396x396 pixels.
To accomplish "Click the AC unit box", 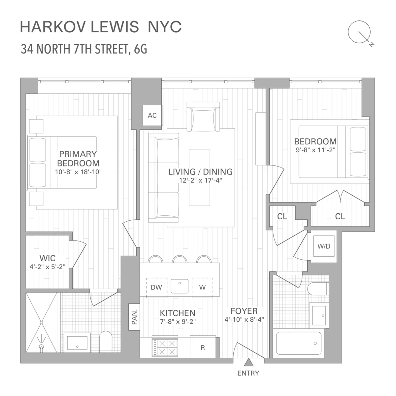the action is [x=152, y=115].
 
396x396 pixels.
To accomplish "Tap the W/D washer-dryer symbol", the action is [x=324, y=246].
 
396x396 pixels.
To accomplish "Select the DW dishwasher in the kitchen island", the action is [x=156, y=287].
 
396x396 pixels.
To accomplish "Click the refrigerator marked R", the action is [x=203, y=347].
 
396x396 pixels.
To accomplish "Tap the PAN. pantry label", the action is [x=134, y=317].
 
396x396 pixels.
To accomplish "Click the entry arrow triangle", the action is [x=248, y=363].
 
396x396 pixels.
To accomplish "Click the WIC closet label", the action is [x=48, y=258].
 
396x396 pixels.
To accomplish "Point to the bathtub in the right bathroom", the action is [x=298, y=343].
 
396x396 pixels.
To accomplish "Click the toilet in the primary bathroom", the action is [x=106, y=341].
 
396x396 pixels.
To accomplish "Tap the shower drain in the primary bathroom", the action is [x=42, y=347].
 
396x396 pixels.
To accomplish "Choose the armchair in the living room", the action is [x=203, y=118].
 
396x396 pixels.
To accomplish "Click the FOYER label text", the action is [x=244, y=311].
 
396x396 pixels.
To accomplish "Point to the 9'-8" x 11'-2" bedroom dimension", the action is [x=315, y=149].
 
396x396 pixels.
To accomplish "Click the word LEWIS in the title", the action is [x=115, y=27].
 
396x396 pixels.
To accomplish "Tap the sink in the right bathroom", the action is [x=319, y=315].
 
